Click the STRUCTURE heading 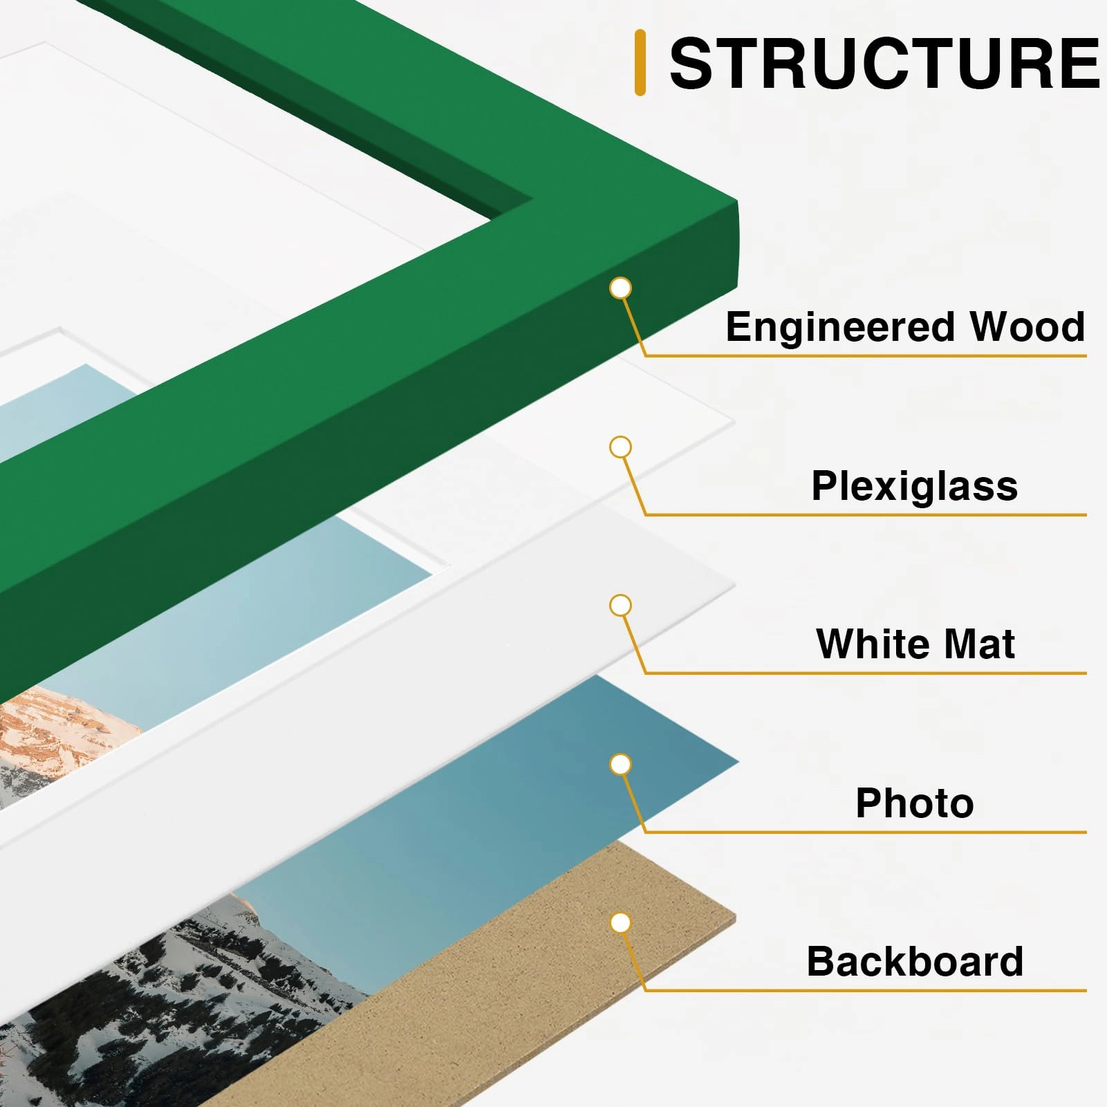tap(884, 64)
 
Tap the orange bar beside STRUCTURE tap(640, 62)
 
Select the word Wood tap(1027, 326)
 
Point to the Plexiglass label tap(914, 487)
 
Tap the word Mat tap(980, 644)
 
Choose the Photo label tap(915, 803)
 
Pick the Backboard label tap(915, 961)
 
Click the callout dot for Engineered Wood tap(621, 288)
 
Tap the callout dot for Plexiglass tap(621, 447)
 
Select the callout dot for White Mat tap(621, 606)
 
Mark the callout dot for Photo tap(621, 764)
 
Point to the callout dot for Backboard tap(621, 922)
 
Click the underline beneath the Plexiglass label tap(865, 514)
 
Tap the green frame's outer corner tap(736, 202)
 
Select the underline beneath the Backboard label tap(865, 990)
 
